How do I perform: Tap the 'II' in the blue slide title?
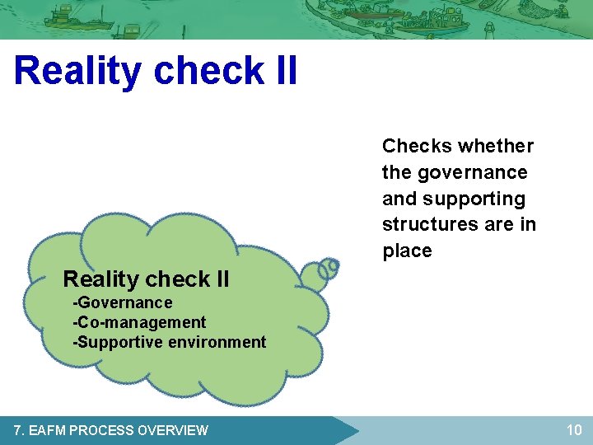click(x=282, y=71)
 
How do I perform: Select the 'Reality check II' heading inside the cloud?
click(x=146, y=279)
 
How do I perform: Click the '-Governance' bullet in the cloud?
click(x=123, y=302)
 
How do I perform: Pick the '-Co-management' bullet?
click(x=139, y=322)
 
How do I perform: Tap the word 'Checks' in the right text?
click(x=417, y=147)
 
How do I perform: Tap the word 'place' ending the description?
click(x=407, y=251)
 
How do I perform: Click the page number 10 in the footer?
click(x=573, y=429)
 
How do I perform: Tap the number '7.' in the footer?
click(x=20, y=430)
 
